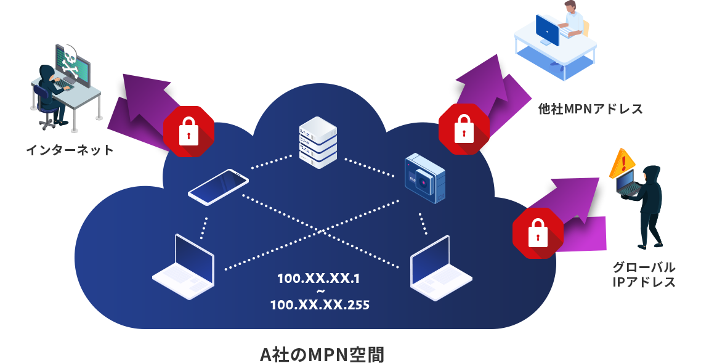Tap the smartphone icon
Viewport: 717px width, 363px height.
[x=218, y=187]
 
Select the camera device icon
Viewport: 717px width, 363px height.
[x=424, y=179]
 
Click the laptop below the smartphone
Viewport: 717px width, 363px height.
[x=184, y=266]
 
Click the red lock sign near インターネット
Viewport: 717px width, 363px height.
[x=188, y=132]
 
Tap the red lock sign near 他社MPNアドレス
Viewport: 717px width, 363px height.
[x=463, y=128]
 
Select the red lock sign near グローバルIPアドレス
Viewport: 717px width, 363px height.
[x=538, y=232]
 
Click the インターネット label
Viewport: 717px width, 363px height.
[x=70, y=150]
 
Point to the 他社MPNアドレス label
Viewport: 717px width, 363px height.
[x=589, y=109]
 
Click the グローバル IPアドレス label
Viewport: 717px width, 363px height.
[x=644, y=275]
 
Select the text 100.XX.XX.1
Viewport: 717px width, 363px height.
[x=318, y=279]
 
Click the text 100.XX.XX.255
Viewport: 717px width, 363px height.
[x=320, y=304]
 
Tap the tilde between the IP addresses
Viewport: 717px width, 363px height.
[x=319, y=291]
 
